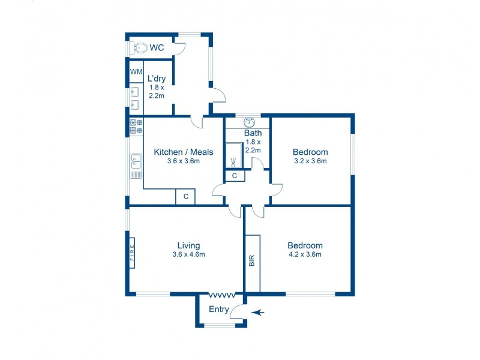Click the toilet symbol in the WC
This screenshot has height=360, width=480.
[x=139, y=48]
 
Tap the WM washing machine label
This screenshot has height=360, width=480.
[x=136, y=71]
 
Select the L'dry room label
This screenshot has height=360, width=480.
[x=157, y=79]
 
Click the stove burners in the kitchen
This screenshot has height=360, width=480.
[x=136, y=127]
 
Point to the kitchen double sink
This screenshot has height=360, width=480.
[x=136, y=161]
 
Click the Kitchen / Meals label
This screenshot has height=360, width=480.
[x=184, y=152]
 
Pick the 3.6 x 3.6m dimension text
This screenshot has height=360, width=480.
[x=184, y=161]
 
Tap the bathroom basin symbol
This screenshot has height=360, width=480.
[x=250, y=122]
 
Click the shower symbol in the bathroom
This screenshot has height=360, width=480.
[x=233, y=155]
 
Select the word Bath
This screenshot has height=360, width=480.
[x=253, y=133]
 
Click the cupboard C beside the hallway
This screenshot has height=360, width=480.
[x=235, y=176]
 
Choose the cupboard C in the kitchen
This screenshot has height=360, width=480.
[x=185, y=197]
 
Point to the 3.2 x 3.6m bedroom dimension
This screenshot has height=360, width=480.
[x=310, y=161]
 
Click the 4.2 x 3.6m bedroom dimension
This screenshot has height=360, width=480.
[x=305, y=254]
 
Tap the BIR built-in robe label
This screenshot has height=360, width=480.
[x=252, y=260]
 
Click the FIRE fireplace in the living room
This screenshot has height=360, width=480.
[x=132, y=253]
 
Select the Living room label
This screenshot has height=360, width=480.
[x=188, y=245]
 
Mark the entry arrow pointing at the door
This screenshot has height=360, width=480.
[x=257, y=313]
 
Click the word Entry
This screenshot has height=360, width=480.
[x=218, y=310]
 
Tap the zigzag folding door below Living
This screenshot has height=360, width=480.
[x=222, y=295]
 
